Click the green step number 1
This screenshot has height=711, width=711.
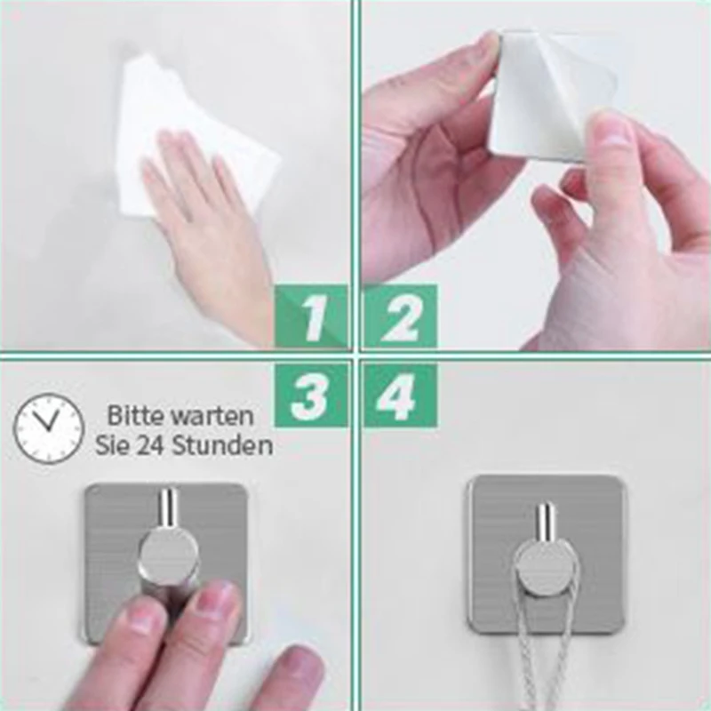(x=311, y=317)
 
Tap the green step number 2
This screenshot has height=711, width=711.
(x=400, y=317)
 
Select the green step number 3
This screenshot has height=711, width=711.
(x=311, y=395)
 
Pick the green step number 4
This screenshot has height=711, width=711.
(x=400, y=395)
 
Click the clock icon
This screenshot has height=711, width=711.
(x=49, y=429)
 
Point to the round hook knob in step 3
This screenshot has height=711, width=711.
(x=167, y=555)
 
